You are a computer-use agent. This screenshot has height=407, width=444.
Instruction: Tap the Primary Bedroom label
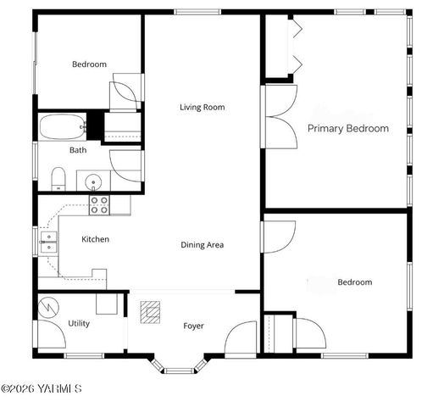[347, 129]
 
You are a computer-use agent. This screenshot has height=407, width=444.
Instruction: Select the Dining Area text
[202, 245]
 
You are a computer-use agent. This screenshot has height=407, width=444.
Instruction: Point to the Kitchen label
[95, 239]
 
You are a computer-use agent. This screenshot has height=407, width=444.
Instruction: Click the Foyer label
[194, 326]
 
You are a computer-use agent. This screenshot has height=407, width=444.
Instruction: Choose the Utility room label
[79, 323]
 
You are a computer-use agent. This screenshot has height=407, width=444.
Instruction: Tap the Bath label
[78, 150]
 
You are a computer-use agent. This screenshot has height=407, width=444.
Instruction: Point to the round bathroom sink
[92, 181]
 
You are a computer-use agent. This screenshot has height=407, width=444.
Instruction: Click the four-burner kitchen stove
[99, 203]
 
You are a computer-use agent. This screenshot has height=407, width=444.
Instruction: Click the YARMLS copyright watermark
[41, 389]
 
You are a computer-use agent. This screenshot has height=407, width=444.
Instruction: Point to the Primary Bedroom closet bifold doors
[294, 47]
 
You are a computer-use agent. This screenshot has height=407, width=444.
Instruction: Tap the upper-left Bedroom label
[89, 64]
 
